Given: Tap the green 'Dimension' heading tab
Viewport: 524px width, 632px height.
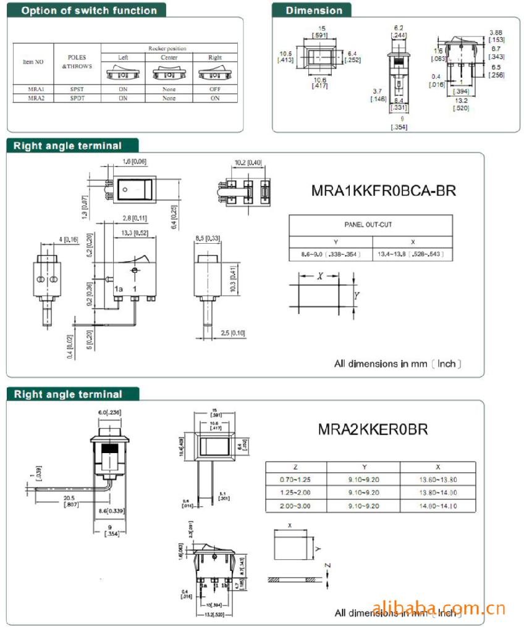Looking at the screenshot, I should pos(314,10).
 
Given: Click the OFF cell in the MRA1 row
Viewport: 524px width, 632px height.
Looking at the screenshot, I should pos(215,89).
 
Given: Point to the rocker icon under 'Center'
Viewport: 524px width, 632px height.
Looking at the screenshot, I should pos(168,73).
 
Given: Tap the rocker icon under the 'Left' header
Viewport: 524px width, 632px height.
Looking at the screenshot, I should pos(123,73).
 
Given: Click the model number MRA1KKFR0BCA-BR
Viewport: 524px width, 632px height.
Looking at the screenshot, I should pos(384,191).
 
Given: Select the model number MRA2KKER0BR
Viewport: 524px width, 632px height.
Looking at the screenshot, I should pos(373,428).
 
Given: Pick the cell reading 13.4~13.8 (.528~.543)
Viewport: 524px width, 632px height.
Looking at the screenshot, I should pos(412,254).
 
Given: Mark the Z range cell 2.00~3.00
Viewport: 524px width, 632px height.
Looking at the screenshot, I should pos(294,505).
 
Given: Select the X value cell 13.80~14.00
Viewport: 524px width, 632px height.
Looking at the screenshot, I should pos(438,493).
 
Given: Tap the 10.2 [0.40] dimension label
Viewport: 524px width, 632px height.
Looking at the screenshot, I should pos(248,163).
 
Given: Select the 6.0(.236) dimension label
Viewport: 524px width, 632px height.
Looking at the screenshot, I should pos(109,412).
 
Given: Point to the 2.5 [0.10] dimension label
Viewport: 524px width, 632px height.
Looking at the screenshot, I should pos(233,333).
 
